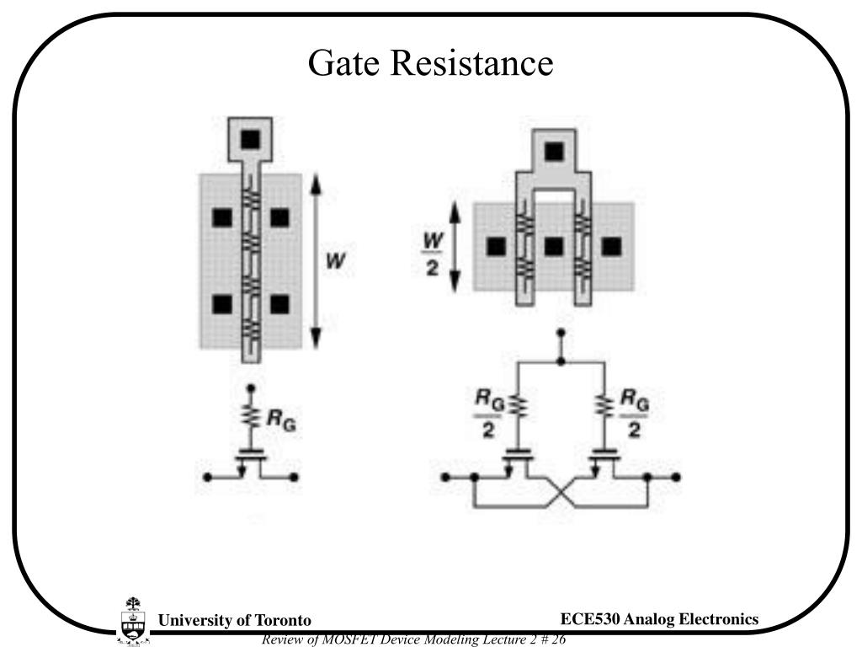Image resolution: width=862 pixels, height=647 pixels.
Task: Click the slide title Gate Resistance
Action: coord(430,62)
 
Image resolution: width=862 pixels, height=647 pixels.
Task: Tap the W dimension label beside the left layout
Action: coord(335,261)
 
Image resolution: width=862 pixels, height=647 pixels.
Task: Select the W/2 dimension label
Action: coord(434,257)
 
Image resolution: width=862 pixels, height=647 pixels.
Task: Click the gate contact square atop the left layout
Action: coord(250,140)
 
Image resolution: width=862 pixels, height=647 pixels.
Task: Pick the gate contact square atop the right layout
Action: coord(553,152)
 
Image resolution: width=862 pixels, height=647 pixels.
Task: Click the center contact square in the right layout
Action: coord(553,247)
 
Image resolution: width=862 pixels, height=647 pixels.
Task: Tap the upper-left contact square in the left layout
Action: coord(221,218)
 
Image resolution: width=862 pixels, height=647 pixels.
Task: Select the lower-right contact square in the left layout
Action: coord(279,304)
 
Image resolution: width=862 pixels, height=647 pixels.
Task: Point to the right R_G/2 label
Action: coord(634,414)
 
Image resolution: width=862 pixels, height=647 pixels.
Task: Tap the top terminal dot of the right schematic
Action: coord(561,334)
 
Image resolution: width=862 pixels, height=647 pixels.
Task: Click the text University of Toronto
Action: coord(235,621)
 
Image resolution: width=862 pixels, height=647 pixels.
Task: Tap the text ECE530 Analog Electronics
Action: coord(659,619)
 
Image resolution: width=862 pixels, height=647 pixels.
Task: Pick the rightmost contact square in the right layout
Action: coord(611,247)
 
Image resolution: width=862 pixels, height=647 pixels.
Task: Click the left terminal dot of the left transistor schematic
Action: coord(206,478)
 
